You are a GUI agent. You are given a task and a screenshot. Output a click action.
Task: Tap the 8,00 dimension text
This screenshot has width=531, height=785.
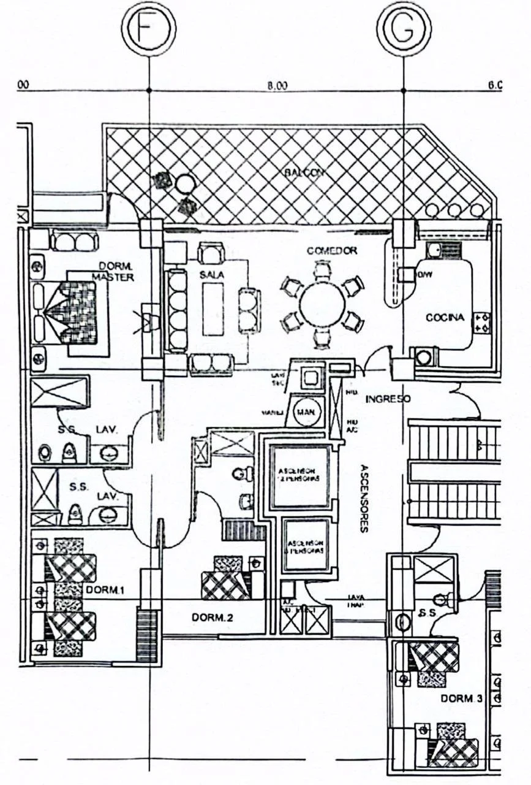277,85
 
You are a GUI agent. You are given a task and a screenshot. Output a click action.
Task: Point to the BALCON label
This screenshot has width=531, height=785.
303,174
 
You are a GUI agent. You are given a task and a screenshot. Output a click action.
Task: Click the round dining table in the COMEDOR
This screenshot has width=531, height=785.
322,304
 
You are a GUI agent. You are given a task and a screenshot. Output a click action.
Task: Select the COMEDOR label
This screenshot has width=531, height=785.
332,251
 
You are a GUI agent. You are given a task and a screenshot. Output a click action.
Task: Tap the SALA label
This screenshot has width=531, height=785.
212,275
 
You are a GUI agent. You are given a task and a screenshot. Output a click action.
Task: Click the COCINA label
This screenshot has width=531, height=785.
445,318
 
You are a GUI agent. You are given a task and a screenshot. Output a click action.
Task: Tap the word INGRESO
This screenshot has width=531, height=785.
388,399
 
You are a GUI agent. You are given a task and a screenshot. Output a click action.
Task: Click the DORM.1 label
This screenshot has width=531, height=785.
105,590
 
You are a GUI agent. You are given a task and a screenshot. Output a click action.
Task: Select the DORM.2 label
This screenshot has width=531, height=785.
212,618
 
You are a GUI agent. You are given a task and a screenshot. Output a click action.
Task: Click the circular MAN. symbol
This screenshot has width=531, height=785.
305,412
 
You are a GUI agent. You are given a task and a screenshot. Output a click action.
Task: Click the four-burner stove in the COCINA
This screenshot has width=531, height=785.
481,323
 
